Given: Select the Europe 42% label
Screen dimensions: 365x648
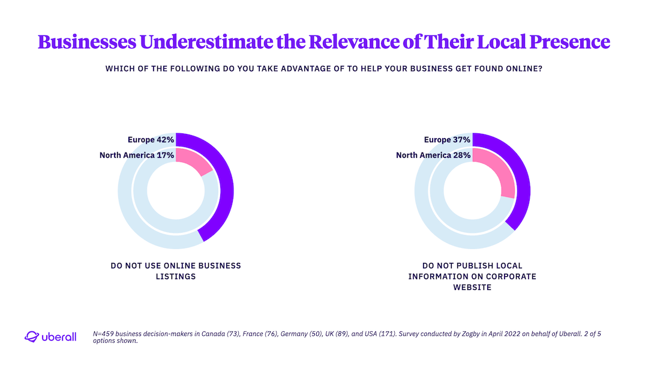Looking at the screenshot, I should click(x=151, y=140).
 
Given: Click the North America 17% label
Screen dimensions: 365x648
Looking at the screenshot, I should click(x=137, y=155).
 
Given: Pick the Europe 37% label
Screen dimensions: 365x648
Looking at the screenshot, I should click(x=447, y=140).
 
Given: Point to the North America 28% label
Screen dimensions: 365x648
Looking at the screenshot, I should click(x=433, y=155).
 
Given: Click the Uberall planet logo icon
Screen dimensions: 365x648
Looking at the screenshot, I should click(x=31, y=337).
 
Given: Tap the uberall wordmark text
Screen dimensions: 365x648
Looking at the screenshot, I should click(x=59, y=337).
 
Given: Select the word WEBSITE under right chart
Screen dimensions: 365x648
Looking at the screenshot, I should click(x=472, y=288).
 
